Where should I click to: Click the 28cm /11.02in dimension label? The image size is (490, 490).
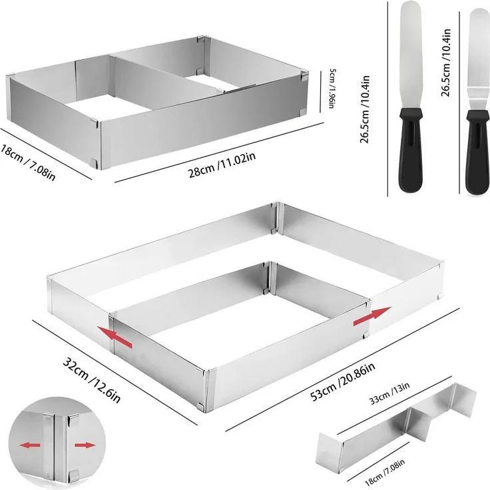point(222,164)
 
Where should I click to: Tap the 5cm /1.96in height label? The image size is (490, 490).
point(332,89)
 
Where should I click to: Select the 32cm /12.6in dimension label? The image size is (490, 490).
point(91,380)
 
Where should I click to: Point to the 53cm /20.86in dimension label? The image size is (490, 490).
point(342,382)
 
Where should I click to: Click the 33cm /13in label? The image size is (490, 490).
point(389,393)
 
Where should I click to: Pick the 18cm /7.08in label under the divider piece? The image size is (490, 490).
point(384,472)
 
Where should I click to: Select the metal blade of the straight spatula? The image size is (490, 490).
point(411,55)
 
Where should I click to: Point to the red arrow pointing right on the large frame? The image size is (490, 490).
point(371,316)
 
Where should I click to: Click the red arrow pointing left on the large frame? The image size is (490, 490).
point(115,337)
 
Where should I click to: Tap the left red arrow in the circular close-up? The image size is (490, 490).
point(30,445)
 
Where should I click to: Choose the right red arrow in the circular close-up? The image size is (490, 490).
point(85,445)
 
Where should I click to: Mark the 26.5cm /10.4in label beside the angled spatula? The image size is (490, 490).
point(445,63)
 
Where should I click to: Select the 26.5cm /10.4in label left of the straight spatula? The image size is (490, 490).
point(365,109)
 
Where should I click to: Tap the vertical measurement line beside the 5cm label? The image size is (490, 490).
point(321,92)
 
